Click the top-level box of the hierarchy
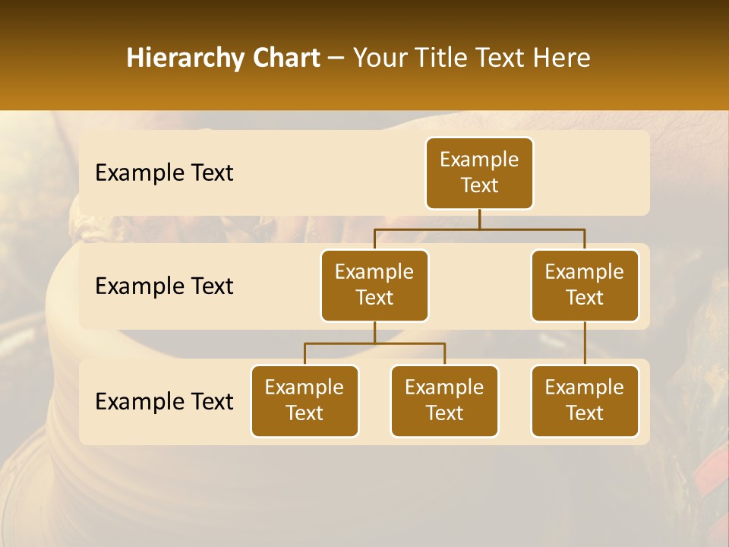click(479, 173)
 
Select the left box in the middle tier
click(374, 286)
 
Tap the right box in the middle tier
click(585, 286)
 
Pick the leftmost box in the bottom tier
click(305, 401)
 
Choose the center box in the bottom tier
click(444, 401)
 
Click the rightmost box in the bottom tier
click(585, 401)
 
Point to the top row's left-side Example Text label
click(164, 173)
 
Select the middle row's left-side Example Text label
click(164, 286)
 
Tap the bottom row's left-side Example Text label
click(164, 401)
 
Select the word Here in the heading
click(562, 58)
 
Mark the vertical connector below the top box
click(479, 220)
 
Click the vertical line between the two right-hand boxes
click(585, 343)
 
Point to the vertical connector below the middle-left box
click(374, 333)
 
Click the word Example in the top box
click(479, 160)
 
